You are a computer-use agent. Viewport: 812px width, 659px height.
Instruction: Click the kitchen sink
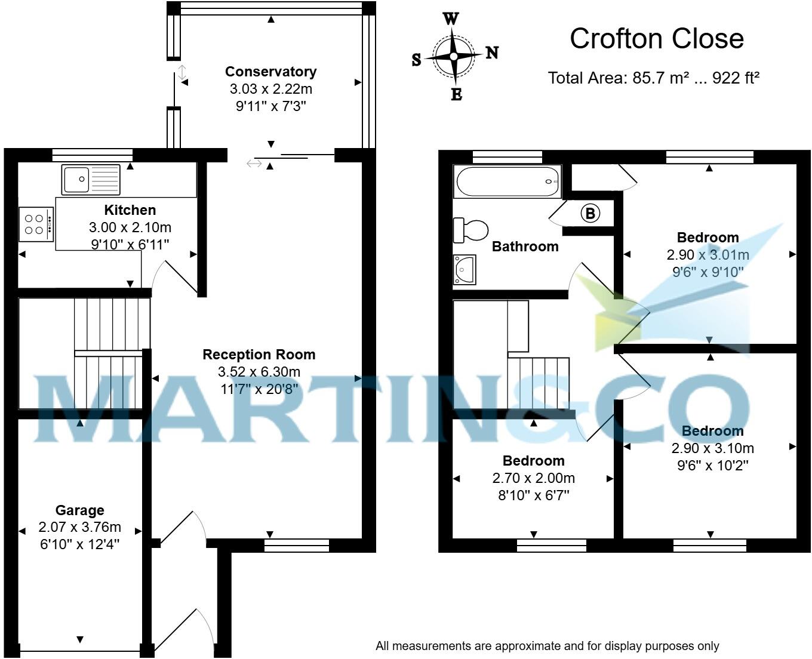(x=91, y=179)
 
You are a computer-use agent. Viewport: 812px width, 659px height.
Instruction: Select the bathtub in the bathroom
(x=507, y=181)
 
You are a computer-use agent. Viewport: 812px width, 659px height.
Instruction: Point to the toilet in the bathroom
(x=470, y=230)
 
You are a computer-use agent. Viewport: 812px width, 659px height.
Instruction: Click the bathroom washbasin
(x=465, y=270)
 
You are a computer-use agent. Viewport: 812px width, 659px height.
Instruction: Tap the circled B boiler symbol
(x=590, y=213)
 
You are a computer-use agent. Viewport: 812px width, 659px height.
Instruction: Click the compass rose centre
(x=454, y=57)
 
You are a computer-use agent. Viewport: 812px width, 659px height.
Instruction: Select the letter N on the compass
(x=492, y=53)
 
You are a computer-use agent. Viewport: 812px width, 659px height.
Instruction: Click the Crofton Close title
(x=657, y=39)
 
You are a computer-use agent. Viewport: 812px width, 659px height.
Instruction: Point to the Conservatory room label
(x=270, y=72)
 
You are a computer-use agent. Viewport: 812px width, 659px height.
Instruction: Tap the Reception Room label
(x=259, y=355)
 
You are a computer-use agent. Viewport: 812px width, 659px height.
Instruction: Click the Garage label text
(x=80, y=510)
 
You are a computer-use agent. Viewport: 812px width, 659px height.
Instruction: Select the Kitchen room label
(x=130, y=210)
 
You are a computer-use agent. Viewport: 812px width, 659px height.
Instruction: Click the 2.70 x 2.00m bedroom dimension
(x=533, y=478)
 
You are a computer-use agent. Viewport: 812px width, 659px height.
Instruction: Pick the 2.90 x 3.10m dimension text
(x=712, y=448)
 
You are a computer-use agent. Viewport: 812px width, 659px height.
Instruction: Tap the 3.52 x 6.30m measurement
(x=259, y=372)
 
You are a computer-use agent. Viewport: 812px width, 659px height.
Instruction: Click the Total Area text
(x=653, y=78)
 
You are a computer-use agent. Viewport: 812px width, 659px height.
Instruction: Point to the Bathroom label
(x=525, y=247)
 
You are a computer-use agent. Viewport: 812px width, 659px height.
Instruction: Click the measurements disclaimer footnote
(x=547, y=646)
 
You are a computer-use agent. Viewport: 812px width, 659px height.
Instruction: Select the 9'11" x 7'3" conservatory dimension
(x=270, y=106)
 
